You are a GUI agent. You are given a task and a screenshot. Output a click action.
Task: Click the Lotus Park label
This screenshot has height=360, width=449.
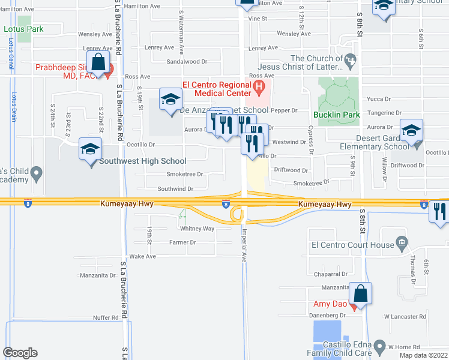pos(23,28)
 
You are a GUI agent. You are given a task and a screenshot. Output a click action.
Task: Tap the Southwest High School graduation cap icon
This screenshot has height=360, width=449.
pos(90,149)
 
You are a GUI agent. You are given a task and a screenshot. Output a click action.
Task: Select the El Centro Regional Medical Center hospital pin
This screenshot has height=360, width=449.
pos(259,89)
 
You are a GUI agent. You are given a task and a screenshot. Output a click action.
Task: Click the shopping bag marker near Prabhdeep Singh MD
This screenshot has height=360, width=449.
pos(98,62)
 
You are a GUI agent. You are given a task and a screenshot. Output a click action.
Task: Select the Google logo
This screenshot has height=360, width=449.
pos(20,353)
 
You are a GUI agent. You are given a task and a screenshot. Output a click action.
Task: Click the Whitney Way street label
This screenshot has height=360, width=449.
pos(197,229)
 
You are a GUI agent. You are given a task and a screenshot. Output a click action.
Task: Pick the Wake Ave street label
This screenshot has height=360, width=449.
pos(143,256)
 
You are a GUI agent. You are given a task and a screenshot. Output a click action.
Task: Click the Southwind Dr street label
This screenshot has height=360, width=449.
pos(175,188)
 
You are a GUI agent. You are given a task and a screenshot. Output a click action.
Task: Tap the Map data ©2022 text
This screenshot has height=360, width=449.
pos(423,355)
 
